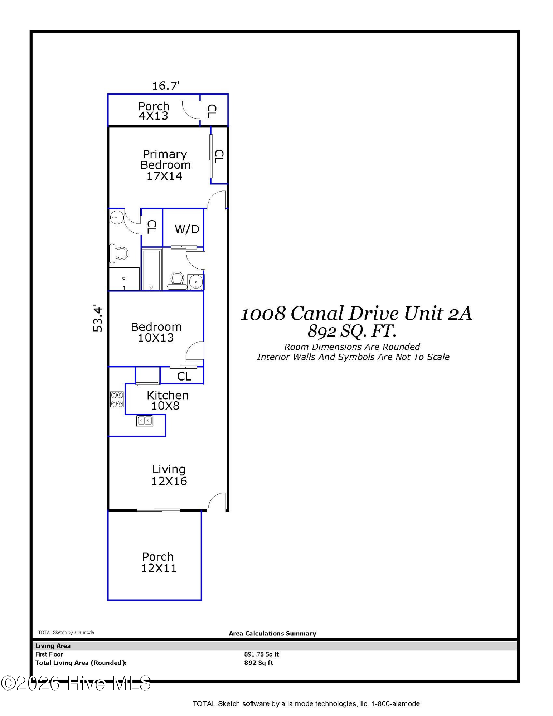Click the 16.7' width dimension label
tap(166, 86)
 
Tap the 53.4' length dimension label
tap(98, 318)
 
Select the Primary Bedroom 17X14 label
tap(165, 165)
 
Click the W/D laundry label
tap(187, 229)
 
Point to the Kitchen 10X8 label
tap(168, 400)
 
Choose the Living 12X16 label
tap(169, 475)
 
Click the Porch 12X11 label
tap(158, 562)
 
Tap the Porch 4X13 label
tap(154, 111)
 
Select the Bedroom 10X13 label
tap(156, 332)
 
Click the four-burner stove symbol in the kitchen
tap(117, 399)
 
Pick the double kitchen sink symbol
tap(145, 421)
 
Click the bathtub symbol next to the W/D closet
tap(152, 269)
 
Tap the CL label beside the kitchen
tap(184, 376)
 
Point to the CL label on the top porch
tap(212, 111)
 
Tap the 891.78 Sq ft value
tap(261, 654)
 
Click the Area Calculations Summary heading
tap(272, 633)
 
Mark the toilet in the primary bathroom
tap(119, 253)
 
